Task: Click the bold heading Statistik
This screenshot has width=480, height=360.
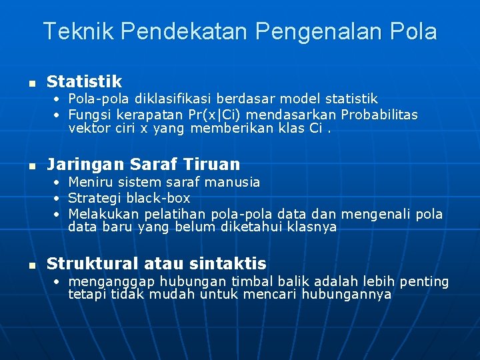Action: pos(84,82)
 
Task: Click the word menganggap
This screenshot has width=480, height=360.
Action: pos(109,281)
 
